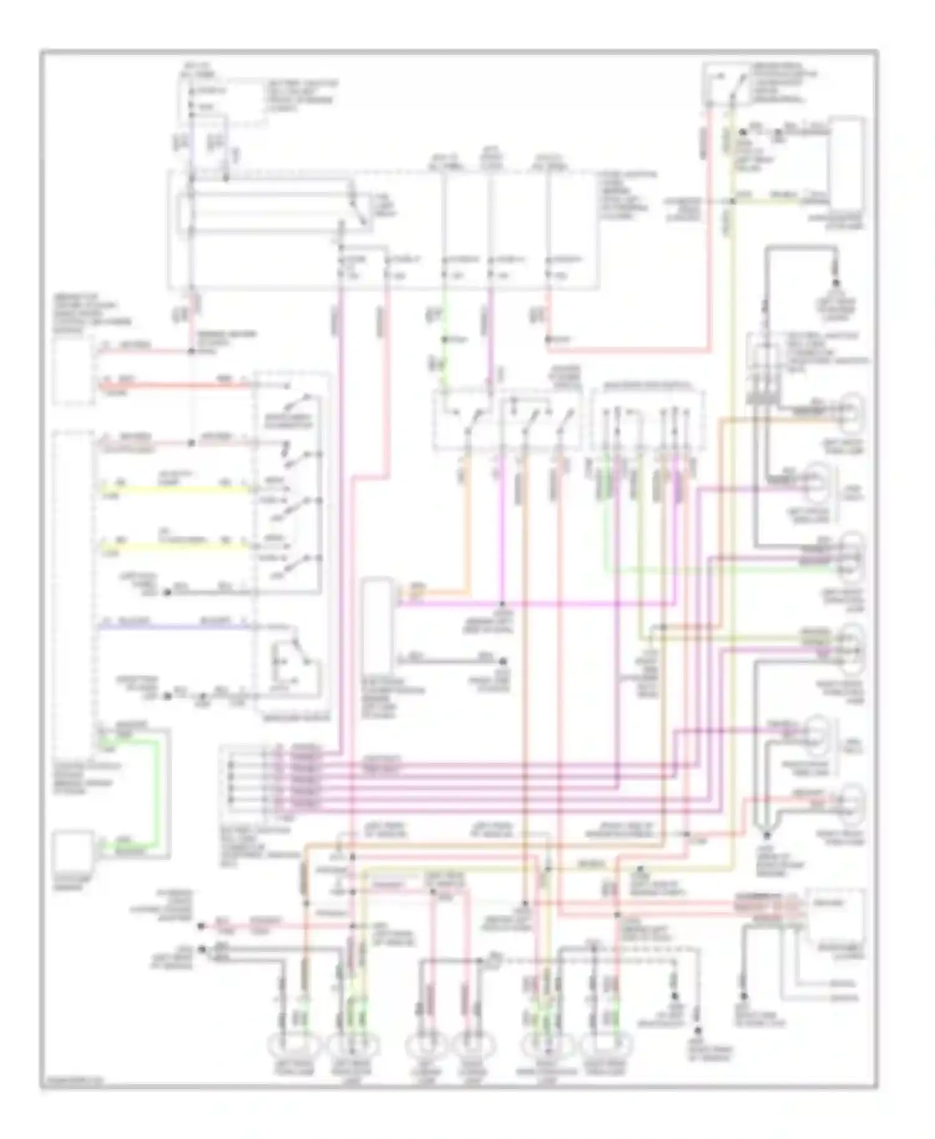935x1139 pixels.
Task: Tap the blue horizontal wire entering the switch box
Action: pos(175,626)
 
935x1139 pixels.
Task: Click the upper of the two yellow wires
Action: pos(175,490)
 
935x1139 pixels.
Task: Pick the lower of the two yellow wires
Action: pos(175,546)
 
